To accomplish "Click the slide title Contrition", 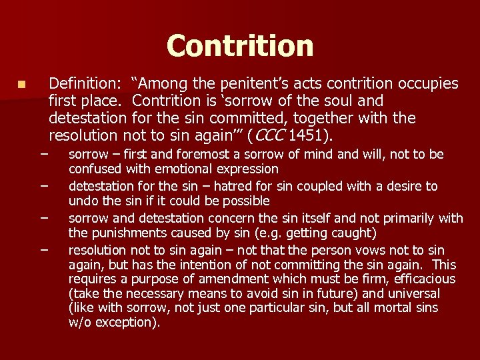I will point(240,45).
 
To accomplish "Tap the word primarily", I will point(409,218).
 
